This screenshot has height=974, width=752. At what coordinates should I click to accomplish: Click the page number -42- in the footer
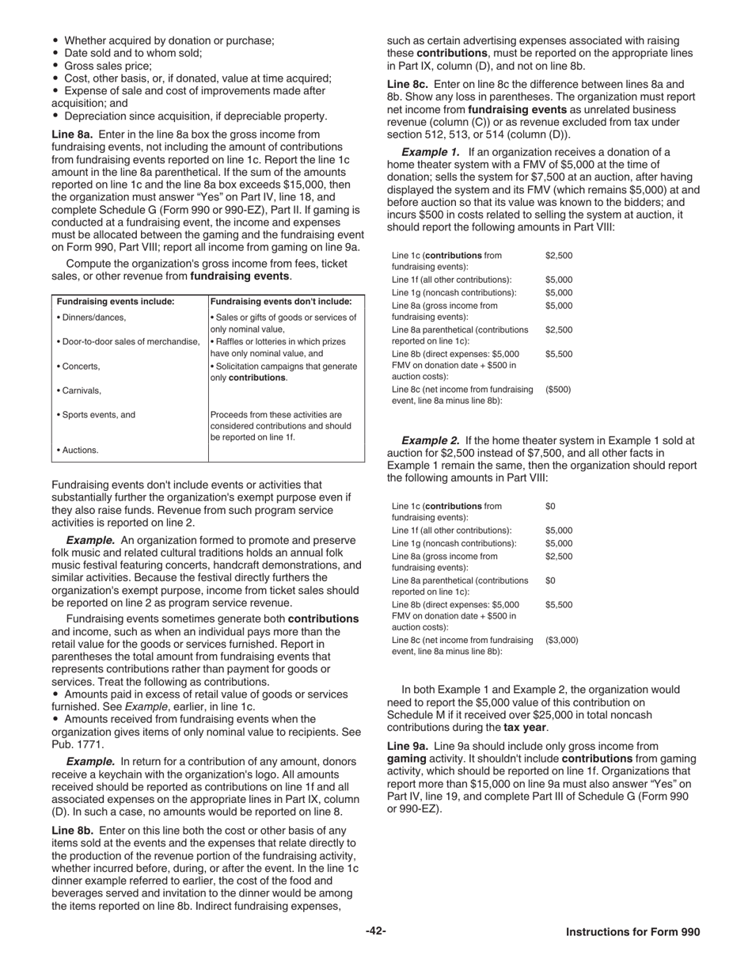tap(376, 931)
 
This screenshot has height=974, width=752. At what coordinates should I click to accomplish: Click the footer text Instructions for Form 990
tap(632, 932)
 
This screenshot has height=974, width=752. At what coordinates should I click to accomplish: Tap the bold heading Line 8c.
tap(408, 84)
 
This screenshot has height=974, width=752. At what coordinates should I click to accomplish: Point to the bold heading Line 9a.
tap(408, 746)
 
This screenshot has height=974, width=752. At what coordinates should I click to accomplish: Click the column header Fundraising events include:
tap(116, 302)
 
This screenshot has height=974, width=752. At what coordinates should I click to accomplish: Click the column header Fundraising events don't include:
tap(281, 302)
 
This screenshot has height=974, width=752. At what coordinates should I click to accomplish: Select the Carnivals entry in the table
tap(80, 390)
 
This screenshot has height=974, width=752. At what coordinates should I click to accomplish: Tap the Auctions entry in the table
tap(78, 451)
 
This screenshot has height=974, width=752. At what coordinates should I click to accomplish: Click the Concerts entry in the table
tap(79, 367)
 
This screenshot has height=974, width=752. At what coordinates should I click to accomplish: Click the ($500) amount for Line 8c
tap(557, 390)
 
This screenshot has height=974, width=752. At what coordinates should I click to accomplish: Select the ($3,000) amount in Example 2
tap(561, 640)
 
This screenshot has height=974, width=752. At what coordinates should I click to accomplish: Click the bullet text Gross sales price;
tap(108, 66)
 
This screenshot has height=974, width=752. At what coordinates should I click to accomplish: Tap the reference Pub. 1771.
tap(78, 744)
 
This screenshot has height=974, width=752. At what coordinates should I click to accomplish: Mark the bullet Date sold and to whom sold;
tap(132, 53)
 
